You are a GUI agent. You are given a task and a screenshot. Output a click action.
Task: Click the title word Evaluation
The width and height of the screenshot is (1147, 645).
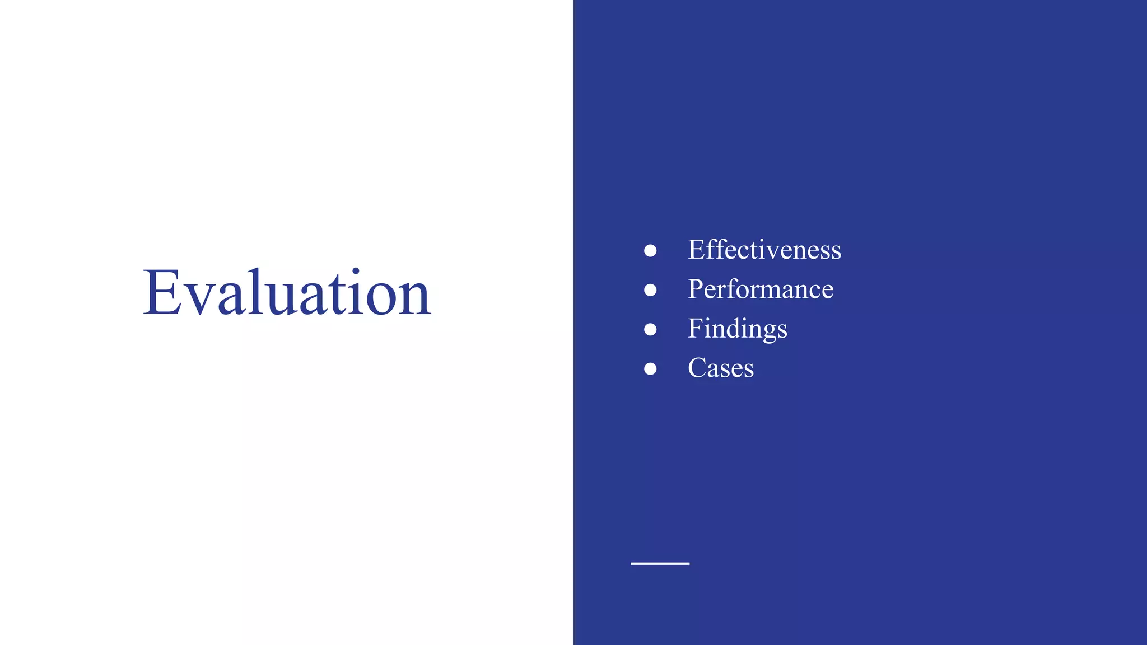click(x=287, y=293)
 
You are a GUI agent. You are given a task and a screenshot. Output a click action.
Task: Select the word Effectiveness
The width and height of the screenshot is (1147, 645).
click(x=764, y=250)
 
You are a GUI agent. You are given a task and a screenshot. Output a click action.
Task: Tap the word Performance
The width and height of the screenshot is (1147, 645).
click(x=760, y=289)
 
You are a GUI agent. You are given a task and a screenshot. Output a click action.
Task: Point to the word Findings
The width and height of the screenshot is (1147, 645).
click(x=737, y=329)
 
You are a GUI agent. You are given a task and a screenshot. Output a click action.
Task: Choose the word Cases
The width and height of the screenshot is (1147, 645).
click(x=720, y=368)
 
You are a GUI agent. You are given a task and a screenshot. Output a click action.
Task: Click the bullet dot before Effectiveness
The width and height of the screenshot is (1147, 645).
click(x=650, y=250)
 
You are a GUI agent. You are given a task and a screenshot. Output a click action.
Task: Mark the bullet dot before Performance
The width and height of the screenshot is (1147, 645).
click(x=650, y=290)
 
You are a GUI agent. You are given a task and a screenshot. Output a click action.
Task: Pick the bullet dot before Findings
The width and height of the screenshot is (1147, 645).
click(x=650, y=329)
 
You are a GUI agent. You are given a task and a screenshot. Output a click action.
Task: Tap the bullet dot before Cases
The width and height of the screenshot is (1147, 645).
click(x=650, y=368)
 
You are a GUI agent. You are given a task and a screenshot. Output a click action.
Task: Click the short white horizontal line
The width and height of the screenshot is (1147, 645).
click(x=660, y=563)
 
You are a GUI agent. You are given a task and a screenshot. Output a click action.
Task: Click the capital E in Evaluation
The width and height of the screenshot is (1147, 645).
click(x=162, y=293)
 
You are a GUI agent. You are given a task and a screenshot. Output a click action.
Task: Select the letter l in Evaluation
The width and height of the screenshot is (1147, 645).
click(x=258, y=291)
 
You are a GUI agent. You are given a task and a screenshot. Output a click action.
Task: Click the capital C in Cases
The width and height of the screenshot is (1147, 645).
click(x=698, y=368)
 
